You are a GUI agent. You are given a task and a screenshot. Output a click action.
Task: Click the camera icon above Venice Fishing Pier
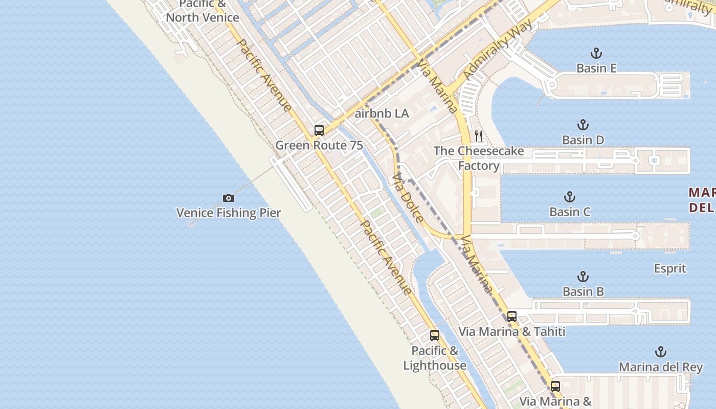tap(229, 198)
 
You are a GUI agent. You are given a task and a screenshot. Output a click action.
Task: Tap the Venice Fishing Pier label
tap(229, 213)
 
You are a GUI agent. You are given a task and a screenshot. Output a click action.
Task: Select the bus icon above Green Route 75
tap(319, 130)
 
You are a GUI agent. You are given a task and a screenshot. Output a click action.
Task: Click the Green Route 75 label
tap(319, 145)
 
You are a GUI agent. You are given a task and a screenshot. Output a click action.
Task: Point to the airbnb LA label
tap(382, 113)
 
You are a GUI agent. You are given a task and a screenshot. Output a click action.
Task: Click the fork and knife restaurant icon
tap(479, 136)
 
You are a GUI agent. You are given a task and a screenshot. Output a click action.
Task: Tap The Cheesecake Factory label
tap(479, 158)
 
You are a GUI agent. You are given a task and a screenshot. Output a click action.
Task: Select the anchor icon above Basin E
tap(596, 53)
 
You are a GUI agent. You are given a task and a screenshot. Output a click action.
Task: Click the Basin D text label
tap(583, 140)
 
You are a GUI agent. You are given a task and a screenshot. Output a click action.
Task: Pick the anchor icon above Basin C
tap(570, 197)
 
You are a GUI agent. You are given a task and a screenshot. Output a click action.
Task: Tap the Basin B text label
tap(583, 292)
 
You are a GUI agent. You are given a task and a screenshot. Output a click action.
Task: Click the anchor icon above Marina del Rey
tap(661, 352)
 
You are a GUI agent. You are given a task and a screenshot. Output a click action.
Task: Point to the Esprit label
tap(670, 268)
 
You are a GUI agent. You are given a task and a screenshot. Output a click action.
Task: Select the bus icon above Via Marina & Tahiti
tap(512, 316)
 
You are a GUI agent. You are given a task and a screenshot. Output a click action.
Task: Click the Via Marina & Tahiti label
tap(512, 331)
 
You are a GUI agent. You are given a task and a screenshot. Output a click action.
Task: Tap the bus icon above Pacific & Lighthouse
tap(435, 335)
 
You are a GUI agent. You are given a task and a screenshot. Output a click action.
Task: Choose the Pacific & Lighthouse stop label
tap(435, 358)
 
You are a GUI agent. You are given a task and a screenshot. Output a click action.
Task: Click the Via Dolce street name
tap(408, 198)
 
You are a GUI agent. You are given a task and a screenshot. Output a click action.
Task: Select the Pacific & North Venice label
tap(203, 11)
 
